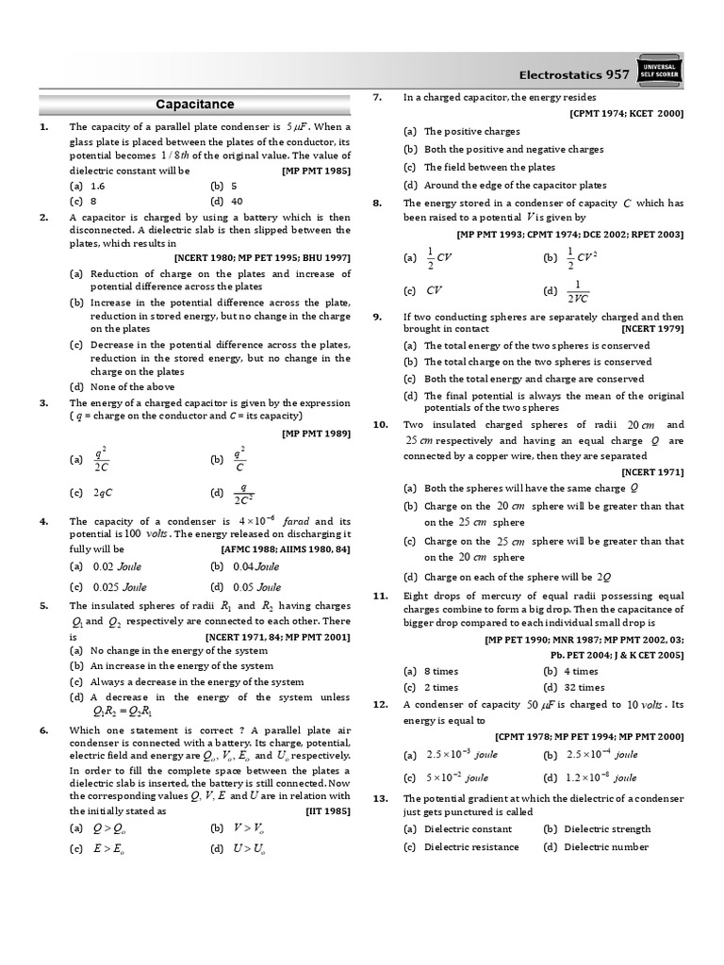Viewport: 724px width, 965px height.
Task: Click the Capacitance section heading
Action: tap(194, 105)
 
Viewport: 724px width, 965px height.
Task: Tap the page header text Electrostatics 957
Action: tap(575, 74)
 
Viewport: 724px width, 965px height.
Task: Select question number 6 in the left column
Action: tap(43, 730)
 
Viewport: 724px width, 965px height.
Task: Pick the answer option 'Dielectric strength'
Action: tap(606, 828)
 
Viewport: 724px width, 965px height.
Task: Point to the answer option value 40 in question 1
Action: tap(237, 201)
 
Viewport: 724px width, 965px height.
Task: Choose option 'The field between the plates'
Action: tap(489, 167)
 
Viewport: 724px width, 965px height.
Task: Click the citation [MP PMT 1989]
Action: tap(316, 433)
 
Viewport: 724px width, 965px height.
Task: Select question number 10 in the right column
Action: tap(380, 424)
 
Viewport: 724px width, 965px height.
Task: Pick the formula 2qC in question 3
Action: tap(104, 493)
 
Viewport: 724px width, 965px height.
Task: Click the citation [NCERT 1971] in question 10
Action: tap(651, 471)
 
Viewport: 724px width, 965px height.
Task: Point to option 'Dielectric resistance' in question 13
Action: tap(470, 846)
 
